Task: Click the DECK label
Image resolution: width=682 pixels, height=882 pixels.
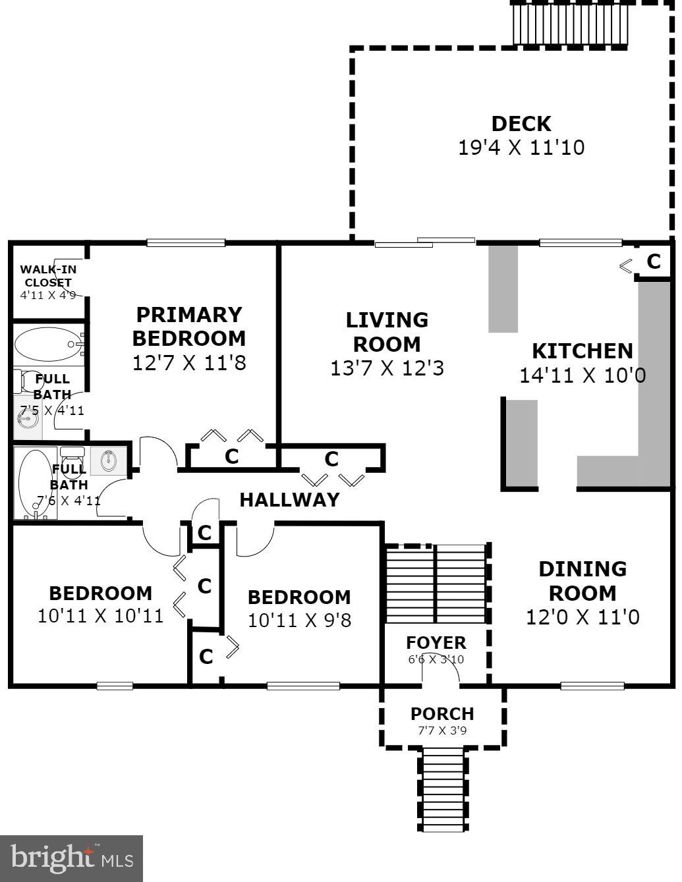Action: [521, 123]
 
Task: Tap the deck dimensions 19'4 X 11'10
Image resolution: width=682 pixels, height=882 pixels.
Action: [521, 147]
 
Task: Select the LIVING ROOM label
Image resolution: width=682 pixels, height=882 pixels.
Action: [387, 331]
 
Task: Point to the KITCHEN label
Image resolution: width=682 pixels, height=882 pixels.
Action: [582, 350]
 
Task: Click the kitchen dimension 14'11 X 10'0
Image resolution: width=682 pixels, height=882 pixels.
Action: [582, 375]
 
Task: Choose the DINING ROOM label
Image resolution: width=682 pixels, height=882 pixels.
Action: [582, 580]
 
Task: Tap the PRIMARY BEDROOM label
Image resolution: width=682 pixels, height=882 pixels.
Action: [188, 326]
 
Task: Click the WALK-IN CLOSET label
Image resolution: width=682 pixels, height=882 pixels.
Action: [48, 276]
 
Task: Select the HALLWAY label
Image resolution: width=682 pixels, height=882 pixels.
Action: [289, 499]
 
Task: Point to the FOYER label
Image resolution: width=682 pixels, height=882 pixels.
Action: [436, 642]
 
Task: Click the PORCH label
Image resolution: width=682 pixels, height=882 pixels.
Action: [441, 713]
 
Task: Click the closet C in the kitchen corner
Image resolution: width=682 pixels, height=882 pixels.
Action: [653, 262]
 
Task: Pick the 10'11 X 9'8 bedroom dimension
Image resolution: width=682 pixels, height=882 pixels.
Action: [299, 620]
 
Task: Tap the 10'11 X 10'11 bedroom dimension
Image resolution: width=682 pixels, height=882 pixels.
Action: [100, 616]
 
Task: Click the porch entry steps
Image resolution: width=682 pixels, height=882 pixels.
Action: [443, 790]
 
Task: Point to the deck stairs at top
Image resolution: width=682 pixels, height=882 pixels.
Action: [569, 24]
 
